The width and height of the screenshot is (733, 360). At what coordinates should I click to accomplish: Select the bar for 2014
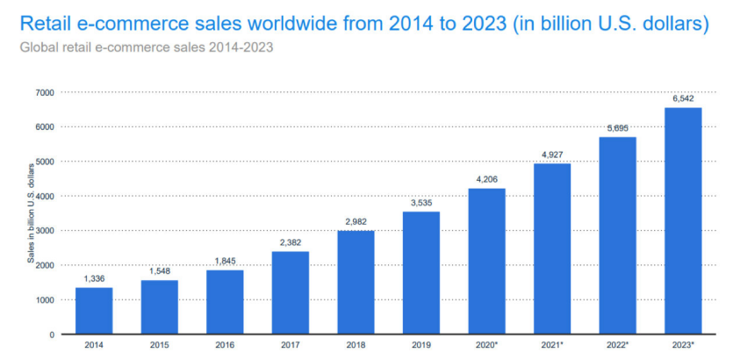(94, 311)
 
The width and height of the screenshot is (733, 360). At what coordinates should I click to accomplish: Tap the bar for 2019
(421, 272)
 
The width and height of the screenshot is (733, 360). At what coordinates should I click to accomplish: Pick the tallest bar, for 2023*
(683, 220)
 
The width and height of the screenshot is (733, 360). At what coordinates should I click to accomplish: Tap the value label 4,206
(487, 181)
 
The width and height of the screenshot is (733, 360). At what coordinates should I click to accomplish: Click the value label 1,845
(225, 262)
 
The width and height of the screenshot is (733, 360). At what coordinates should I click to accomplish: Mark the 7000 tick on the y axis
(44, 92)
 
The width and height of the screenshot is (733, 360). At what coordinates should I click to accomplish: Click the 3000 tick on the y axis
(44, 230)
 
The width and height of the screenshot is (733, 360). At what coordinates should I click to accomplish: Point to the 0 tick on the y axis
(51, 335)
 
